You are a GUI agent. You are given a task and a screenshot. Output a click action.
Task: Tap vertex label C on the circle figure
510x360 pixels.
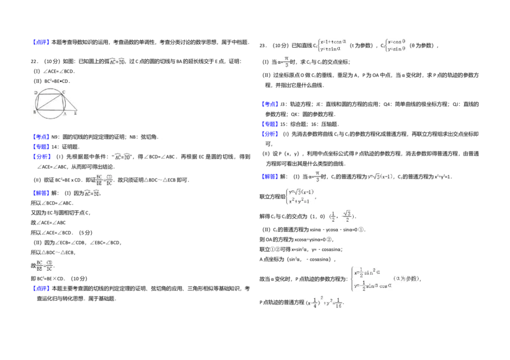[x=64, y=92]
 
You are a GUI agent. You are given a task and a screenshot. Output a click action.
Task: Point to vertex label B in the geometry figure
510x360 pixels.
[x=34, y=112]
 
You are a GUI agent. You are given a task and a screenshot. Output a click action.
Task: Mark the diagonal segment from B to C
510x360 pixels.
[x=50, y=102]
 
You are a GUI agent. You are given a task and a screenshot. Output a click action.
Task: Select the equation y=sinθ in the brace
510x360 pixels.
[x=397, y=49]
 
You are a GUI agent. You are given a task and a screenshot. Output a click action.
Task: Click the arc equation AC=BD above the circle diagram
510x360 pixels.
[x=117, y=62]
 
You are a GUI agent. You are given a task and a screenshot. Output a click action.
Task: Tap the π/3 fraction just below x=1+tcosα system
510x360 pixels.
[x=286, y=62]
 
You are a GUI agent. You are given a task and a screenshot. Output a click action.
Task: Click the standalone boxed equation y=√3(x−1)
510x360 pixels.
[x=380, y=176]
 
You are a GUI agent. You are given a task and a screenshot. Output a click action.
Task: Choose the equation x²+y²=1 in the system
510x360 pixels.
[x=299, y=201]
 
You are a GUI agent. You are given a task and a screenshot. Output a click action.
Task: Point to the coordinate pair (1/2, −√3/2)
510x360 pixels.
[x=342, y=217]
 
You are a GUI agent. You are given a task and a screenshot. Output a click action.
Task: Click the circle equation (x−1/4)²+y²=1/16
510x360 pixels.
[x=324, y=301]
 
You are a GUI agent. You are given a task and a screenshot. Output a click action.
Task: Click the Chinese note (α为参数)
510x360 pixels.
[x=406, y=278]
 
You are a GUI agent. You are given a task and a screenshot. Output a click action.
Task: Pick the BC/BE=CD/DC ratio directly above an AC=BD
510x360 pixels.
[x=105, y=181]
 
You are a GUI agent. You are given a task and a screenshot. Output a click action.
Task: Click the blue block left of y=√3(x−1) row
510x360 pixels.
[x=270, y=177]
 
